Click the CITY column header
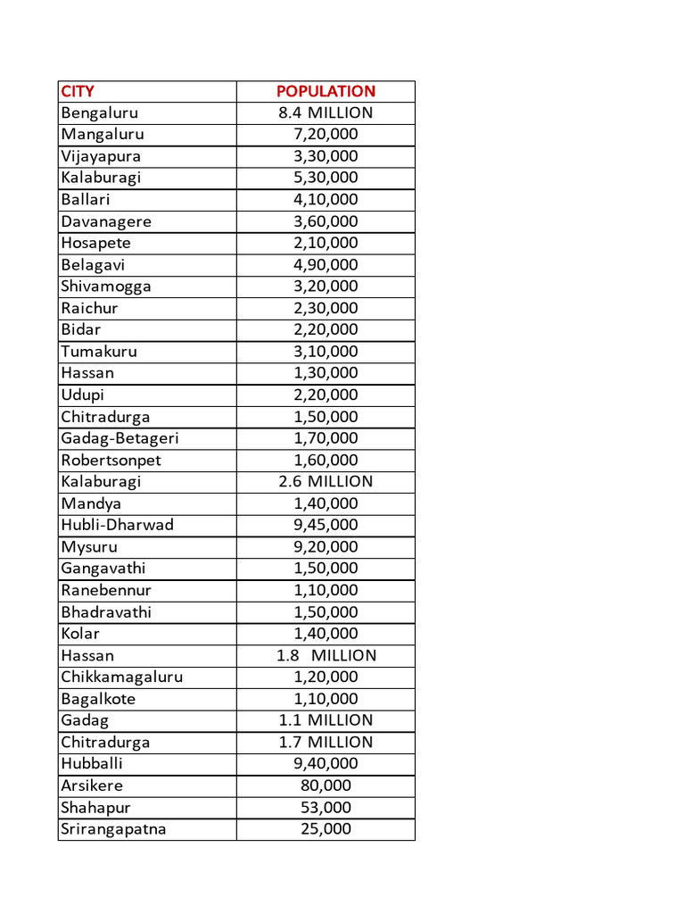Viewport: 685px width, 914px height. [78, 91]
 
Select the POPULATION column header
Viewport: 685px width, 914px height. [326, 91]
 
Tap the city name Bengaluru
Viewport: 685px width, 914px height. [100, 112]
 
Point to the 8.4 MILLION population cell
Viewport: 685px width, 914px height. [326, 112]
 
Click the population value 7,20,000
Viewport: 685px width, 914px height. [326, 134]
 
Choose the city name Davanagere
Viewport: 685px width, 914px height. [106, 221]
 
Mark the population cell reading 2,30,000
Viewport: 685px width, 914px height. [326, 308]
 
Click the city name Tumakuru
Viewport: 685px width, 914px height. [99, 352]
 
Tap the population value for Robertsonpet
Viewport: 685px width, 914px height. [326, 461]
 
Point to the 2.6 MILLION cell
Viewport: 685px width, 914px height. [326, 481]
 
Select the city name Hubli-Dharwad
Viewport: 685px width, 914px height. [117, 525]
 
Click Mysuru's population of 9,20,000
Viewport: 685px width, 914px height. [326, 547]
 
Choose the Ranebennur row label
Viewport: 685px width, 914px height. [106, 590]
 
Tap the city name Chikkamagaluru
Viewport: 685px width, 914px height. [121, 677]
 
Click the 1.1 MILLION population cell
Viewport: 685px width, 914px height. [326, 720]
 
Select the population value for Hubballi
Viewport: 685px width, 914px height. [326, 763]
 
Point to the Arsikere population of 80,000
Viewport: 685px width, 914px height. [326, 785]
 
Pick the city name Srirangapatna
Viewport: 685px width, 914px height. [113, 829]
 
